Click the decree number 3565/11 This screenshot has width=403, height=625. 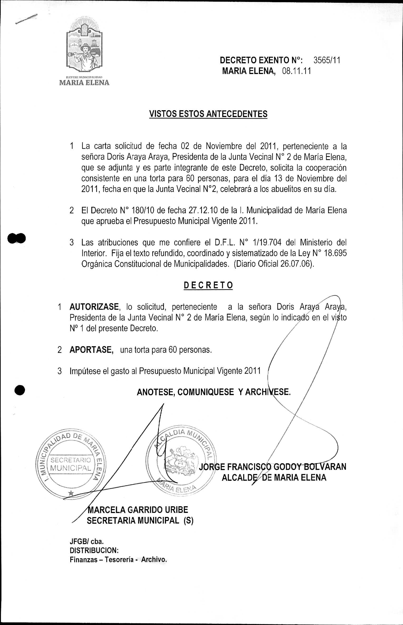click(x=327, y=60)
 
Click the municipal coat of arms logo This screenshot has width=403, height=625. click(x=84, y=47)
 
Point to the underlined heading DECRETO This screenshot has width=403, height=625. click(x=208, y=285)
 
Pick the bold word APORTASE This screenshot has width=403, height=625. click(x=91, y=350)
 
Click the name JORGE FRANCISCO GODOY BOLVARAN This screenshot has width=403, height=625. click(x=272, y=466)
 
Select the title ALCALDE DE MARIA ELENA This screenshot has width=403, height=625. click(x=274, y=477)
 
